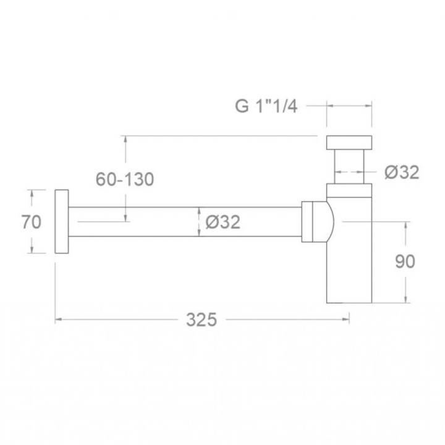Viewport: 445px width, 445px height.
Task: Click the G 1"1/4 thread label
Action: (x=266, y=106)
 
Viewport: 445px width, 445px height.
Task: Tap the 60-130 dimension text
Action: (x=125, y=179)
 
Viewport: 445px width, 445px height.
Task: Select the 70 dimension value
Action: (x=32, y=222)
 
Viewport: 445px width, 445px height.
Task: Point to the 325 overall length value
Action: (x=201, y=320)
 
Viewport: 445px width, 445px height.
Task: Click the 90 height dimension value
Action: (x=405, y=261)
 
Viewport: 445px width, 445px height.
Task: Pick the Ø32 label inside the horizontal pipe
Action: (x=223, y=222)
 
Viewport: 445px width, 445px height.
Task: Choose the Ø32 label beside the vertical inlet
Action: (x=402, y=172)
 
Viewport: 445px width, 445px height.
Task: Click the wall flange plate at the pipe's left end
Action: (x=62, y=221)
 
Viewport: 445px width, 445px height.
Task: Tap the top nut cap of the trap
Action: (x=349, y=143)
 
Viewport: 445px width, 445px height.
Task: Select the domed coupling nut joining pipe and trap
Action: (x=318, y=222)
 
